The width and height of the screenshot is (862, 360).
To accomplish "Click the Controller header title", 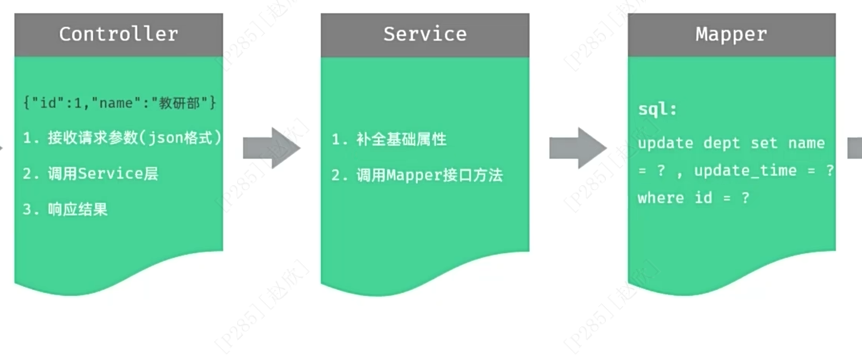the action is (x=119, y=34).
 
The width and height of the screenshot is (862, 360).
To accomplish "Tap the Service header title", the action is (x=425, y=34).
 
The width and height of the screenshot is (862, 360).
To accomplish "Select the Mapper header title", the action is (x=731, y=34).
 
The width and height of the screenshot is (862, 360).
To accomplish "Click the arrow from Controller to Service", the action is (x=272, y=148).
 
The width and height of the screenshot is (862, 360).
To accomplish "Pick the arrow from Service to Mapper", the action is (x=578, y=148).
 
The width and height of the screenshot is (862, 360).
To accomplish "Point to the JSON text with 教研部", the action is (x=120, y=103).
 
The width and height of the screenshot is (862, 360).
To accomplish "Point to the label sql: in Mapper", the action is (x=657, y=110).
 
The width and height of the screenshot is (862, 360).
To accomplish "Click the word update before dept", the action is (x=665, y=143).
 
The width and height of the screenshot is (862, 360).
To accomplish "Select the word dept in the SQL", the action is (x=722, y=143).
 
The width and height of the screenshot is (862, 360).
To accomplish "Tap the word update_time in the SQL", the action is (x=745, y=170).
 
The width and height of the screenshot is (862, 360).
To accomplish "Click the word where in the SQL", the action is (x=661, y=198).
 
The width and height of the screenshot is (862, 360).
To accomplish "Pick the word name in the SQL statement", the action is (x=806, y=143).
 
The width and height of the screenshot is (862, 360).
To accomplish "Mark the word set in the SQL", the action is (x=764, y=143).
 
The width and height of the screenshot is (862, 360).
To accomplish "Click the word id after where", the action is (x=703, y=198).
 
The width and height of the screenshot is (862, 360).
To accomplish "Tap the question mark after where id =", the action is (x=745, y=198).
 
